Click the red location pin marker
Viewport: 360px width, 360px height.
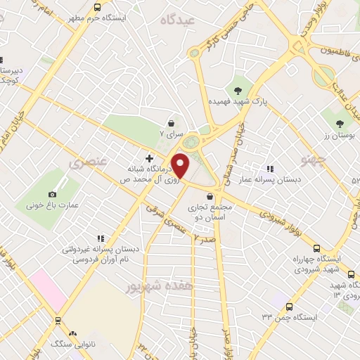(x=181, y=165)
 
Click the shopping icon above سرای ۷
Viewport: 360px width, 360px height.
(x=172, y=122)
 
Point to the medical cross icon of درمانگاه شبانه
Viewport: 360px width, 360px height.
(x=148, y=157)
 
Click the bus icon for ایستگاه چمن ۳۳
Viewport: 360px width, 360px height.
(x=290, y=307)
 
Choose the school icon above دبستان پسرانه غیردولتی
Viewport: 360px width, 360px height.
(x=101, y=238)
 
